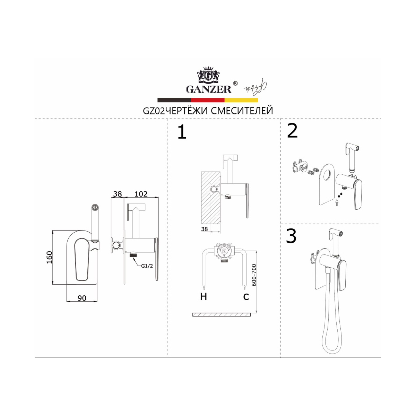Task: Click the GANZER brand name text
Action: [x=209, y=89]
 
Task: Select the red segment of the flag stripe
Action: [x=208, y=100]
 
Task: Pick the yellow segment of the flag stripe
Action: [x=241, y=100]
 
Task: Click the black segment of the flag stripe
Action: [x=174, y=100]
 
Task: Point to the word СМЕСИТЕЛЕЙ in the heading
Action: [x=242, y=111]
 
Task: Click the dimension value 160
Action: [x=50, y=257]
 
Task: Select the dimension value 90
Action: [x=82, y=298]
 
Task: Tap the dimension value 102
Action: [x=141, y=194]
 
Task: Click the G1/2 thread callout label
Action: [x=147, y=266]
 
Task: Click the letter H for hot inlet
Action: [x=203, y=297]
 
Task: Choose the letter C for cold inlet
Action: [x=246, y=297]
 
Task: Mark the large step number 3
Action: [x=291, y=236]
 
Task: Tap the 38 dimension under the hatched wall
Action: [x=204, y=229]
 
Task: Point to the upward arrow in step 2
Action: [x=337, y=203]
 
